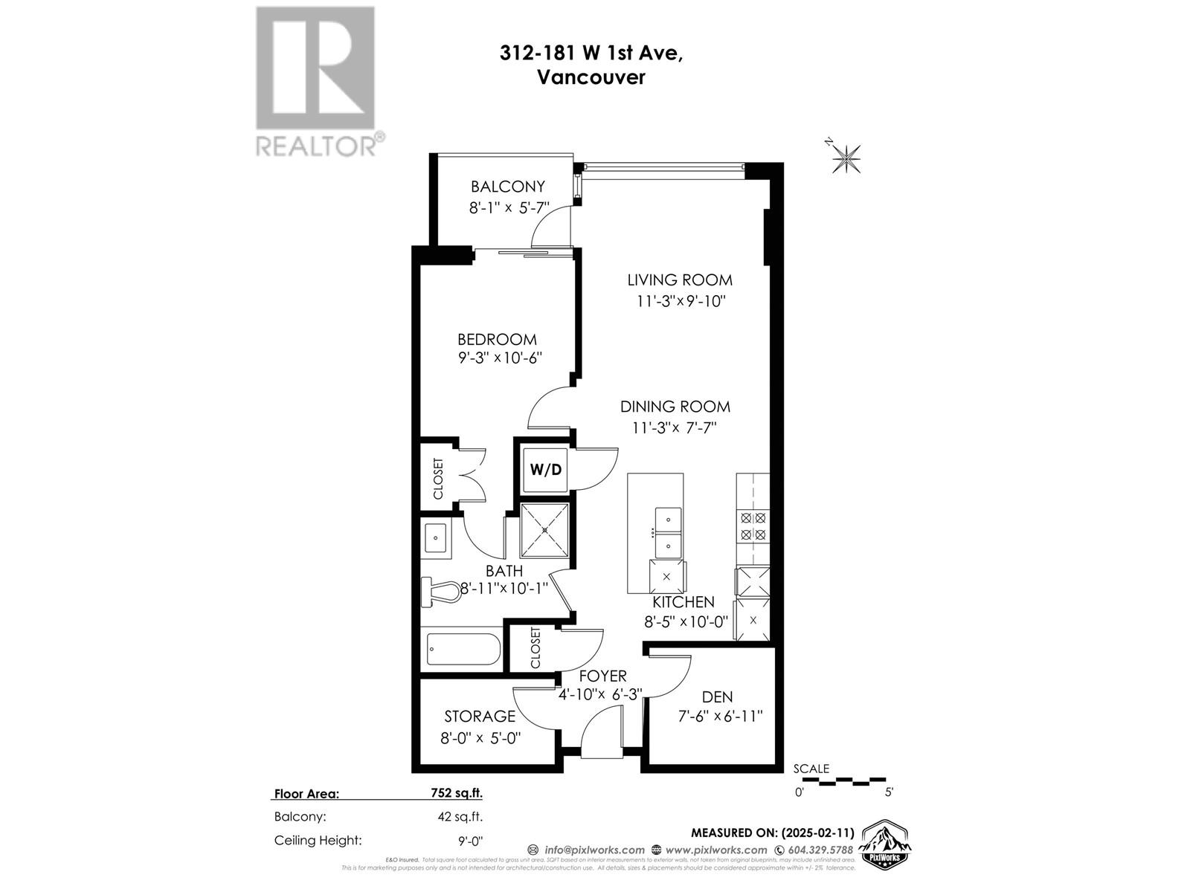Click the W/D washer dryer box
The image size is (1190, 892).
coord(545,470)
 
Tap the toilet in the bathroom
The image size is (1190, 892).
coord(445,592)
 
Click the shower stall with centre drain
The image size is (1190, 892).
coord(545,530)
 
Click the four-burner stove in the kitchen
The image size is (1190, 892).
coord(753,526)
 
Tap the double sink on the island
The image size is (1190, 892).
coord(668,531)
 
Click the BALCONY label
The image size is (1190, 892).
coord(508,187)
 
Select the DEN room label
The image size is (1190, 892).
coord(717,697)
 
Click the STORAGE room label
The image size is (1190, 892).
coord(480,716)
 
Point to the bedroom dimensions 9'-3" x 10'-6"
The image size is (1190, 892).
coord(500,358)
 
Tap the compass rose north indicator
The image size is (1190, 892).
coord(846,157)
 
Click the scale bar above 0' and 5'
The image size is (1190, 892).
coord(843,782)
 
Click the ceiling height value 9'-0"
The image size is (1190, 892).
coord(470,841)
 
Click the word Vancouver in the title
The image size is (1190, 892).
coord(591,77)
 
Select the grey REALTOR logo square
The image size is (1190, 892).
coord(315,68)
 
